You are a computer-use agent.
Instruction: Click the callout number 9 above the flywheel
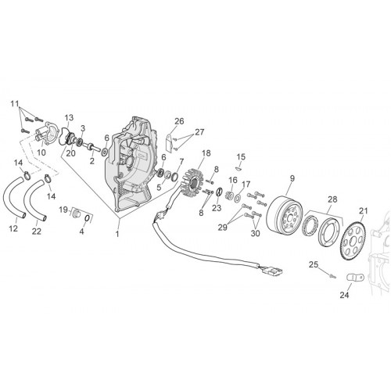[x=292, y=178]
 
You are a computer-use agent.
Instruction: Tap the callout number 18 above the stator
[x=206, y=153]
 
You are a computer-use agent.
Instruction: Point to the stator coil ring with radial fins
[x=193, y=181]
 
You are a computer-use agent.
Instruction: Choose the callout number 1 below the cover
[x=117, y=234]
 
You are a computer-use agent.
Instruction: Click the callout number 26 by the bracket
[x=179, y=121]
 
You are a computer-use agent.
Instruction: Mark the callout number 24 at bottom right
[x=344, y=295]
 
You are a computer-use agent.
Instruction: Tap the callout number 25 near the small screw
[x=314, y=265]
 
